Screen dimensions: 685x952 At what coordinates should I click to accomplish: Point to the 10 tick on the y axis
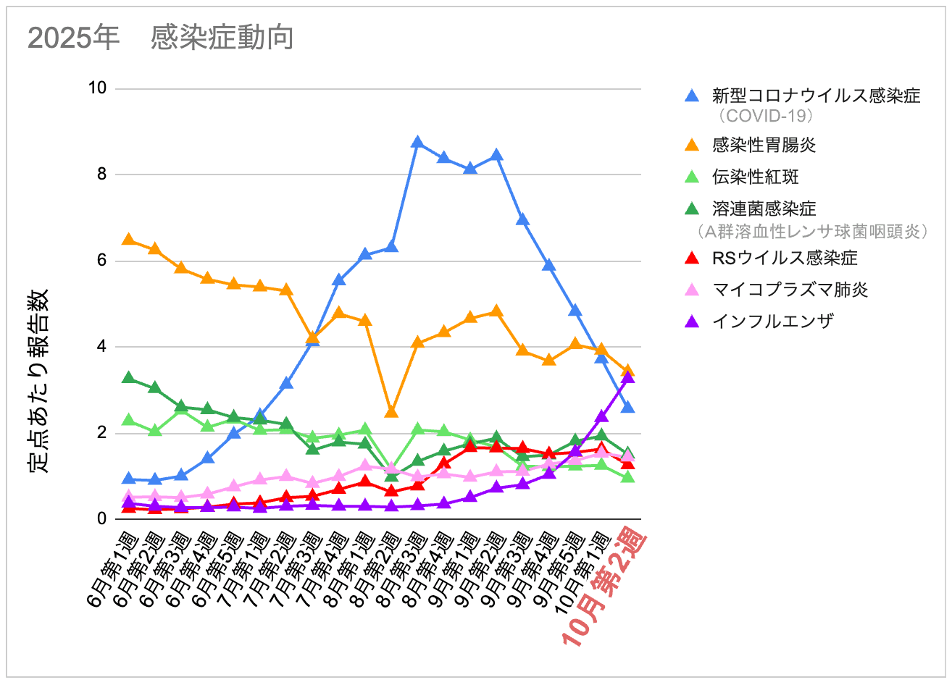[x=97, y=88]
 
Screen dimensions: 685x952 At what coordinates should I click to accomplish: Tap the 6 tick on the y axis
[x=101, y=261]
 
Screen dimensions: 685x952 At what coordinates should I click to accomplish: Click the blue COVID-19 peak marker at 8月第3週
[x=417, y=143]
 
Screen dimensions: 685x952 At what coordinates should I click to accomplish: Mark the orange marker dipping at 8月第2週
[x=391, y=411]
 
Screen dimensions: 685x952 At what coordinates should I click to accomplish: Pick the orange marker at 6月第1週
[x=128, y=240]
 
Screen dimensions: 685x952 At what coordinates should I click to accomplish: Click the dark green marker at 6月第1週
[x=128, y=378]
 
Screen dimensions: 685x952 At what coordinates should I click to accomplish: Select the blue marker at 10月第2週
[x=628, y=407]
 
